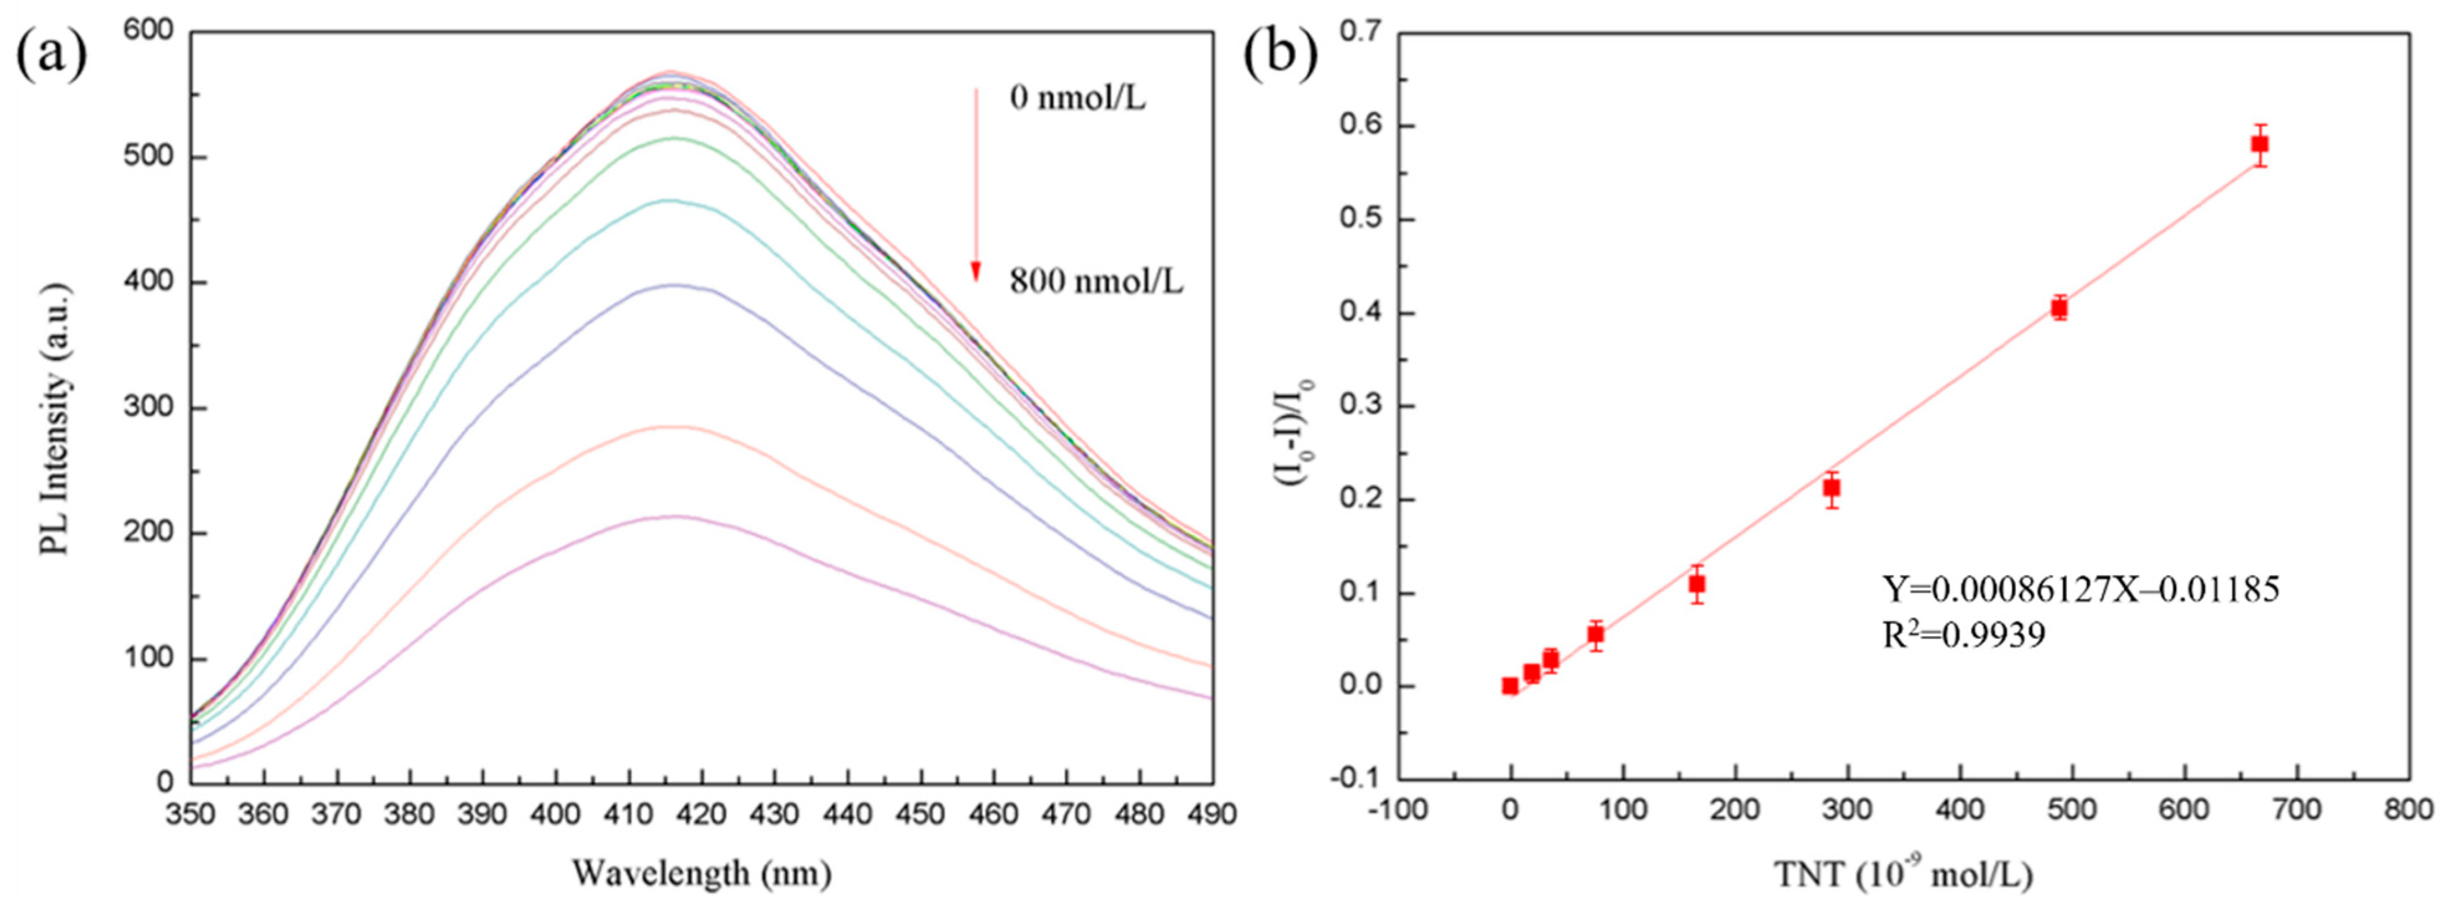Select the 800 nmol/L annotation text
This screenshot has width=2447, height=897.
tap(1095, 282)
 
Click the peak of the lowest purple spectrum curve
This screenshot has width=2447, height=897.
tap(676, 517)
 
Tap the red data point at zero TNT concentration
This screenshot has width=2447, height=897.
tap(1510, 685)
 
